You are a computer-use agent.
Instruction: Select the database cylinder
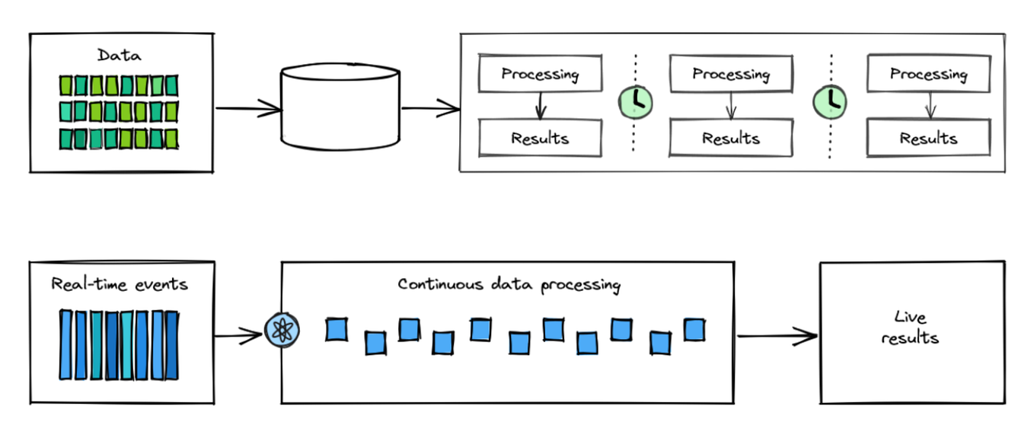(x=340, y=106)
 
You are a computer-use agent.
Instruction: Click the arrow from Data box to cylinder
(x=248, y=108)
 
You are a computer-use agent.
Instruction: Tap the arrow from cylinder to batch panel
(x=430, y=109)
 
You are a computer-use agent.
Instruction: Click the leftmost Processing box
(x=540, y=75)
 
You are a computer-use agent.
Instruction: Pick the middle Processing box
(x=731, y=75)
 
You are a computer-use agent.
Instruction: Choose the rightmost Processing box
(x=928, y=75)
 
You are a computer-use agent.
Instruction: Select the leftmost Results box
(x=540, y=139)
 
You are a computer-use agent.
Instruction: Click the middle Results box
(x=731, y=139)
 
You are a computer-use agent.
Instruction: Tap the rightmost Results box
(x=928, y=139)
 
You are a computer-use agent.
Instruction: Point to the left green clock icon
(x=635, y=100)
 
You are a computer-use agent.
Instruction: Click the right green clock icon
(x=830, y=100)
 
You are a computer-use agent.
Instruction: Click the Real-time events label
(x=119, y=284)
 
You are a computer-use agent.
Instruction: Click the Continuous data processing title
(x=509, y=285)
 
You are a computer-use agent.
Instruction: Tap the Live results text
(x=910, y=328)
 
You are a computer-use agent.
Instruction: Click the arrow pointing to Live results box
(x=777, y=335)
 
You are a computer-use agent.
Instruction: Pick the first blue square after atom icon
(x=337, y=329)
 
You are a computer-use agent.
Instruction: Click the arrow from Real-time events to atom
(x=239, y=334)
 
